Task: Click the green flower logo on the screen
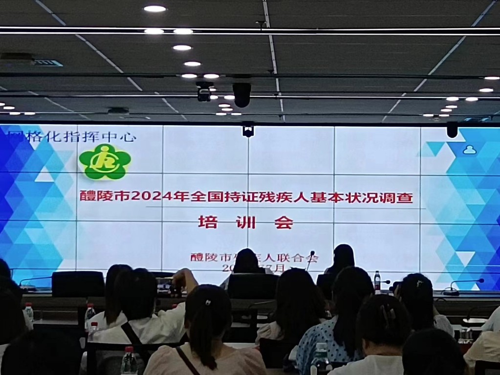click(105, 161)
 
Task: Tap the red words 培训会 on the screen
click(245, 222)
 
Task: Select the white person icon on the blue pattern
click(469, 150)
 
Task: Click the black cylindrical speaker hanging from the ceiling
click(242, 94)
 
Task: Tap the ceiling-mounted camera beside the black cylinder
click(204, 91)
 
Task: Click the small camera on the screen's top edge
click(248, 131)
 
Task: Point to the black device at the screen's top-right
click(452, 130)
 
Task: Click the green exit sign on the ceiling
click(49, 63)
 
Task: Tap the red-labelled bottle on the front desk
click(377, 281)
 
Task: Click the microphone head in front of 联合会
click(312, 253)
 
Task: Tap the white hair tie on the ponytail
click(208, 303)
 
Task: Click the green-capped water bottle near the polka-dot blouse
click(321, 359)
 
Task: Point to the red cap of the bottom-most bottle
click(128, 349)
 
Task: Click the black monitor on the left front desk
click(78, 284)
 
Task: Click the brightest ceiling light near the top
click(155, 8)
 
